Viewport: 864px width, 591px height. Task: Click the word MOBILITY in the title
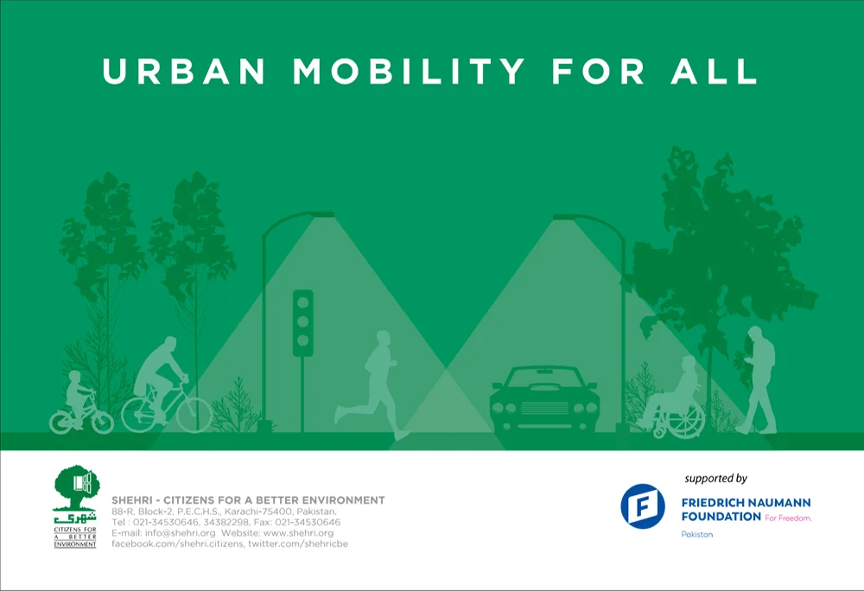click(409, 71)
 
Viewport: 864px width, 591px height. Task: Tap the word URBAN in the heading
click(185, 71)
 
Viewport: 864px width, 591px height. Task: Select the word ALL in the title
click(714, 71)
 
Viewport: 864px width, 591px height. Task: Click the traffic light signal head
click(303, 323)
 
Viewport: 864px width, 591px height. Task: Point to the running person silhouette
click(373, 384)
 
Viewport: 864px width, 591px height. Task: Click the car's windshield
click(543, 378)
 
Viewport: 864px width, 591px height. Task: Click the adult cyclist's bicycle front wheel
click(194, 416)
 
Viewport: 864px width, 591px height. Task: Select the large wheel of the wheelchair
click(685, 418)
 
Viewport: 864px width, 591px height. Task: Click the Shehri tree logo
click(75, 506)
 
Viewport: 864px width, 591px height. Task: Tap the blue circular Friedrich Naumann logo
click(643, 506)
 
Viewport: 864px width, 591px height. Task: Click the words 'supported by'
click(715, 479)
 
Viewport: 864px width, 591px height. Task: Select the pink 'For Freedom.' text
click(788, 518)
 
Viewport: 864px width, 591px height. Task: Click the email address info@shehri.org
click(181, 533)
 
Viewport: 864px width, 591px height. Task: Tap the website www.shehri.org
click(298, 533)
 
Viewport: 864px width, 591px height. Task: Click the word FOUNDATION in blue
click(721, 517)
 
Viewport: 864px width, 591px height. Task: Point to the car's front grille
click(543, 408)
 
